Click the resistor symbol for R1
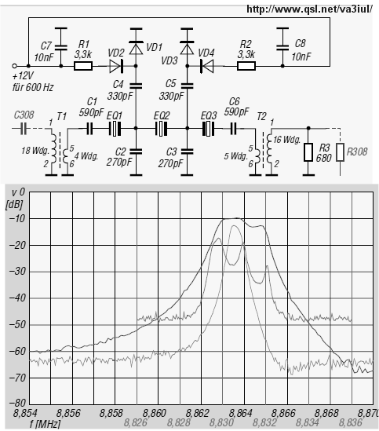[x=83, y=66]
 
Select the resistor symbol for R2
[x=246, y=66]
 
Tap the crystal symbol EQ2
[x=162, y=129]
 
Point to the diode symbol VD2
[x=115, y=66]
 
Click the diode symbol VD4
[x=207, y=66]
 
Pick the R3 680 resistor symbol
[x=308, y=152]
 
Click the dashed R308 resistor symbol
[x=341, y=152]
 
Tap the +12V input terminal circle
[x=15, y=66]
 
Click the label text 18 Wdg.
[x=35, y=151]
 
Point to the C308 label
[x=24, y=115]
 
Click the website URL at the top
[x=309, y=9]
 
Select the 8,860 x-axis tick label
[x=155, y=413]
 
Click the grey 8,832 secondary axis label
[x=264, y=422]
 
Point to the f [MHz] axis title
[x=45, y=424]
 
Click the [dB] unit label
[x=14, y=204]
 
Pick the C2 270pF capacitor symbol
[x=136, y=152]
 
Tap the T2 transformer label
[x=261, y=116]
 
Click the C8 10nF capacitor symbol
[x=282, y=47]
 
